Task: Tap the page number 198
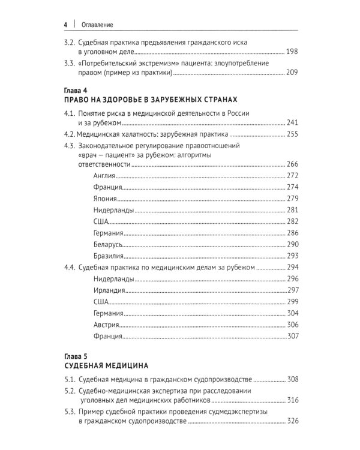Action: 292,52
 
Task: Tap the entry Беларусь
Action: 109,244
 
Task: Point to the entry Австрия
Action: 107,324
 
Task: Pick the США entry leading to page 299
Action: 101,301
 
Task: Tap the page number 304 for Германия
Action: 292,313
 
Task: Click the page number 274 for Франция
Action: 292,187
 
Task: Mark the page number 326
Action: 292,422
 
